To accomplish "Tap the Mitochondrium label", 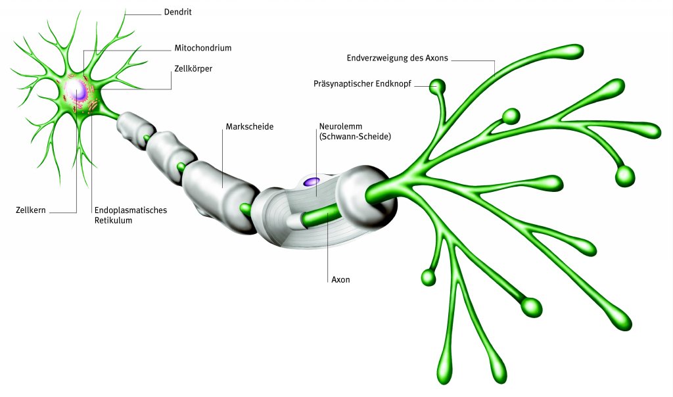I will coord(203,48).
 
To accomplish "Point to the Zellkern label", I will coord(30,212).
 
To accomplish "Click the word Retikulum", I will coord(114,221).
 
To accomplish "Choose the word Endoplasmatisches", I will coord(131,210).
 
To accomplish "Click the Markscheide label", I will coord(249,126).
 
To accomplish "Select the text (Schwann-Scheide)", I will coord(355,137).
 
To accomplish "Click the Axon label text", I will coord(340,279).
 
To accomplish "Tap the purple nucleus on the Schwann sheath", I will coord(311,181).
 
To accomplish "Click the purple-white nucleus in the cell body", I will coord(79,91).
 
